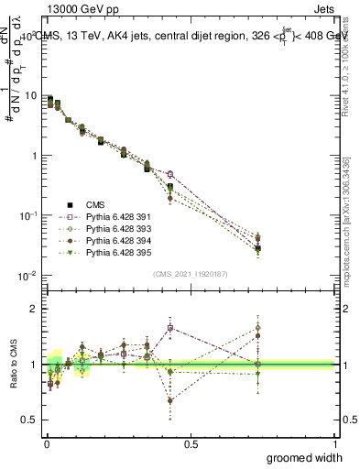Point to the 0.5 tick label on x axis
click(x=190, y=442)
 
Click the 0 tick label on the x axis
click(x=46, y=442)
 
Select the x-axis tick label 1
click(x=334, y=442)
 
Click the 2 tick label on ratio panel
click(x=35, y=309)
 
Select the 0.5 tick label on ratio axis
click(x=30, y=420)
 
